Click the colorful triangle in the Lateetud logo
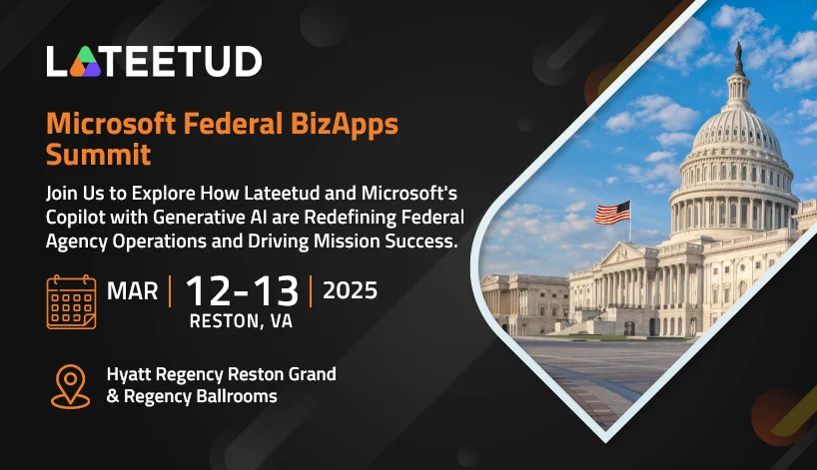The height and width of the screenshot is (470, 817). click(85, 62)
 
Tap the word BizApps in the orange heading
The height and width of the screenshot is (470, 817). click(345, 125)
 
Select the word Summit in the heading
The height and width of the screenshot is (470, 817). click(99, 155)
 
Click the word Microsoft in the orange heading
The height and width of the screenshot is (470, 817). click(111, 124)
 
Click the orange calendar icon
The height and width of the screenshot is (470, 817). click(71, 302)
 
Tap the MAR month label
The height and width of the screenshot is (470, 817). click(133, 291)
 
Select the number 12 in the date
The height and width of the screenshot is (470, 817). click(208, 291)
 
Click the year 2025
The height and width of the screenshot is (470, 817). click(351, 290)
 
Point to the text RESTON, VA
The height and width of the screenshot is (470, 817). click(241, 321)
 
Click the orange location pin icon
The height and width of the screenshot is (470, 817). click(70, 386)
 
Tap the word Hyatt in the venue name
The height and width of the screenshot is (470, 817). click(129, 375)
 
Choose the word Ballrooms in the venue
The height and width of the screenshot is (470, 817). click(237, 396)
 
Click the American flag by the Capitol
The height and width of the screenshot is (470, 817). click(613, 213)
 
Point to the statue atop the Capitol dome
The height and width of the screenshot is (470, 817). click(738, 58)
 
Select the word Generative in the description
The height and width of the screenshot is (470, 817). click(198, 218)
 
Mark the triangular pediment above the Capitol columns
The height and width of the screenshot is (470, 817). click(622, 254)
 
